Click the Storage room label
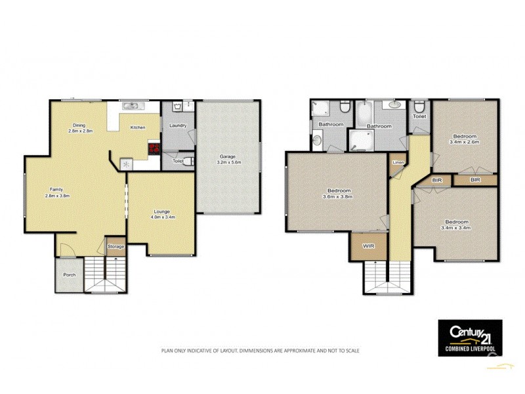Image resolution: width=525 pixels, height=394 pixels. click(x=115, y=246)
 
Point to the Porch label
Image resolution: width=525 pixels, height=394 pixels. click(x=69, y=275)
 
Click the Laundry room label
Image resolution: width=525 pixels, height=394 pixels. click(x=178, y=125)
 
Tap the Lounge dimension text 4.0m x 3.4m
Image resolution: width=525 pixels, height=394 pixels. click(x=161, y=217)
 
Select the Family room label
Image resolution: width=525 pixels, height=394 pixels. click(x=57, y=190)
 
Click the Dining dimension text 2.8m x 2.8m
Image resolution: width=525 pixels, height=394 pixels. click(x=80, y=131)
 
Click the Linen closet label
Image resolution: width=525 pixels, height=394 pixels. click(x=398, y=162)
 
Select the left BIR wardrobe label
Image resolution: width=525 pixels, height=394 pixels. click(x=436, y=179)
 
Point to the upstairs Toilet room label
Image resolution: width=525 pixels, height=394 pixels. click(x=419, y=116)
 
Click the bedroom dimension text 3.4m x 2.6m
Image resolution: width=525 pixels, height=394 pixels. click(x=464, y=141)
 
